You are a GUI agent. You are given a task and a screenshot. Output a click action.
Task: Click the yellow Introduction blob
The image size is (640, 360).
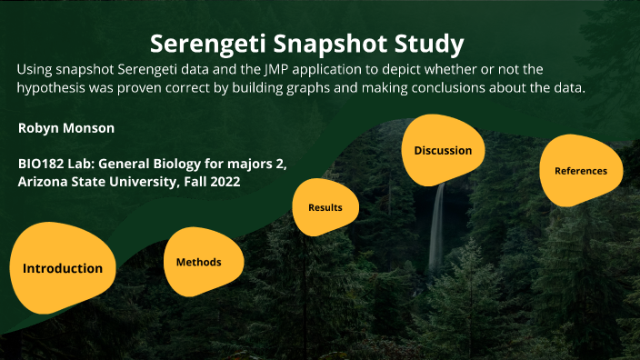pyautogui.click(x=63, y=267)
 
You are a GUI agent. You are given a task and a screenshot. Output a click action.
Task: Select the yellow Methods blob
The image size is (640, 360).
pyautogui.click(x=198, y=262)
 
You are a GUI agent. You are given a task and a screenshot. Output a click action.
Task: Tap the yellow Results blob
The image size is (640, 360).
pyautogui.click(x=325, y=207)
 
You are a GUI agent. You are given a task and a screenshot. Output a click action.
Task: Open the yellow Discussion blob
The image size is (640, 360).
pyautogui.click(x=443, y=150)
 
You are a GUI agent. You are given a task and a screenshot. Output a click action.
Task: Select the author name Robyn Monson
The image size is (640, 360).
pyautogui.click(x=66, y=128)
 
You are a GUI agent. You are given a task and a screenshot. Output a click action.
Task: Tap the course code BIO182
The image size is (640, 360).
pyautogui.click(x=41, y=165)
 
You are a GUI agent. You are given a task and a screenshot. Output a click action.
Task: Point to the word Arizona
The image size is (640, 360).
pyautogui.click(x=44, y=182)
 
